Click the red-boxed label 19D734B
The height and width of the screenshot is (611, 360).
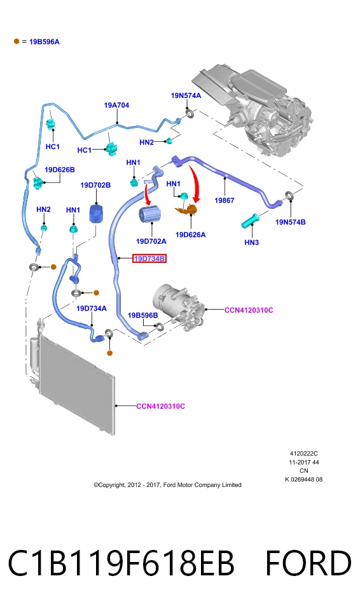click(149, 258)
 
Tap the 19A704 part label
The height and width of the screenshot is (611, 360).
click(116, 105)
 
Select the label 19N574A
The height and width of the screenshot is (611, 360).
click(186, 95)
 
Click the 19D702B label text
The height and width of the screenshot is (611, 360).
click(95, 185)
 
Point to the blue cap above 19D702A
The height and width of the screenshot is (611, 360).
click(149, 214)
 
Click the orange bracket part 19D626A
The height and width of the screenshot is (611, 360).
click(187, 209)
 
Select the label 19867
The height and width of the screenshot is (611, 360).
click(225, 200)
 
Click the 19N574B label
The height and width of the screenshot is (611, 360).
click(290, 222)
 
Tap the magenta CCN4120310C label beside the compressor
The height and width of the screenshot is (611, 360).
click(249, 310)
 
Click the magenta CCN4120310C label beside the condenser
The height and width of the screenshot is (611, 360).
click(160, 406)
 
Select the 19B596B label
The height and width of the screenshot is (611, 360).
click(142, 315)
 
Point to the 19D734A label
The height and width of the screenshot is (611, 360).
click(91, 309)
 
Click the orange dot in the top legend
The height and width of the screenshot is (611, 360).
click(17, 41)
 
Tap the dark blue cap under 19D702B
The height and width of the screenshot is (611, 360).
click(95, 214)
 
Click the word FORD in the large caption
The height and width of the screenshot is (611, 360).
click(308, 563)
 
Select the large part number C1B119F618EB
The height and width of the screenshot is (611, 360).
click(121, 563)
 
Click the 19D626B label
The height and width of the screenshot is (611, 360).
click(60, 169)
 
